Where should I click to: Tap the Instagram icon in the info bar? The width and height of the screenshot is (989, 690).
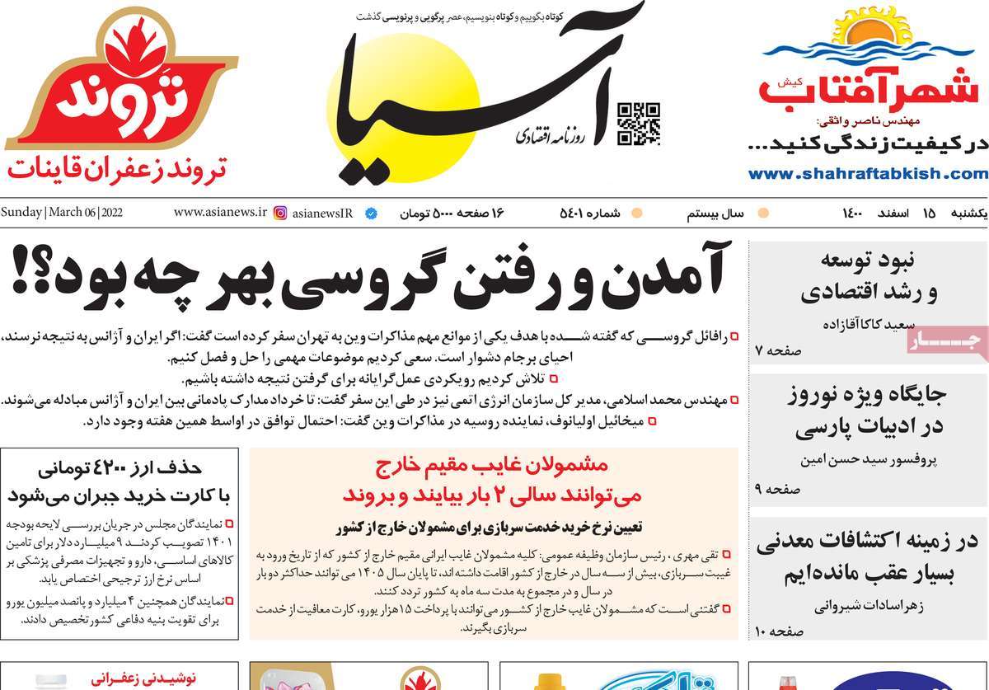[x=280, y=213]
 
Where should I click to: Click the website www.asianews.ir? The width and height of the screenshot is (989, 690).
[x=220, y=213]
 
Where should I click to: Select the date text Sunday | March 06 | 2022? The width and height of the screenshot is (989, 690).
[x=62, y=213]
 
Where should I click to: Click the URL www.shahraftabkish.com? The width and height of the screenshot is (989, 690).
[x=868, y=174]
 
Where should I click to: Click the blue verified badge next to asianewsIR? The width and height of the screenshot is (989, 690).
[x=371, y=214]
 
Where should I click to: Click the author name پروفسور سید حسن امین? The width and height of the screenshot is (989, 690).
[x=857, y=461]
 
